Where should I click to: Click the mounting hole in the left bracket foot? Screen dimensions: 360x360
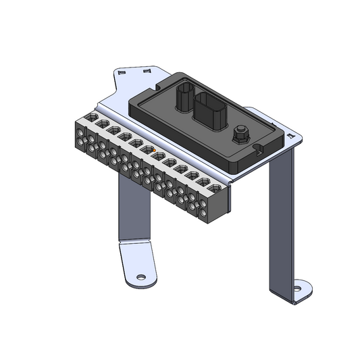(140, 278)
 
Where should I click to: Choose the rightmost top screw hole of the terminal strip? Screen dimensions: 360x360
(215, 188)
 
